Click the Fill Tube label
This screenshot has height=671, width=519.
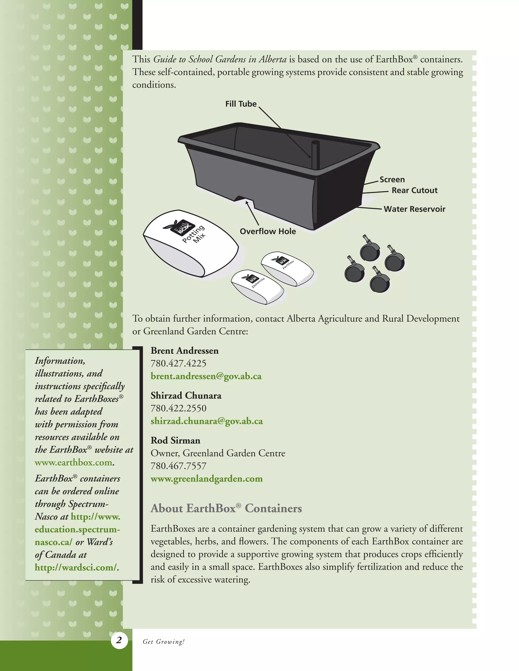click(241, 104)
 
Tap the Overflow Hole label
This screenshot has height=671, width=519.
click(268, 231)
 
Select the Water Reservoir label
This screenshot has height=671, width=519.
click(414, 209)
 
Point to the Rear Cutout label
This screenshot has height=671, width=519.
click(414, 190)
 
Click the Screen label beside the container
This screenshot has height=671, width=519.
click(392, 180)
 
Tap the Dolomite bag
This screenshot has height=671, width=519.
click(258, 287)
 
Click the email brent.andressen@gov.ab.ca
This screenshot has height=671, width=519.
click(206, 376)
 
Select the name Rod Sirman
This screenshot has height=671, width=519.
click(175, 440)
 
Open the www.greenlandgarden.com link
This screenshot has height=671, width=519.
click(207, 478)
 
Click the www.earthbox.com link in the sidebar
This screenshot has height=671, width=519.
click(73, 462)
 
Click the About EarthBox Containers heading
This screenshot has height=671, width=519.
click(226, 508)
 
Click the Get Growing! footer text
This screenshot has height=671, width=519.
click(163, 642)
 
